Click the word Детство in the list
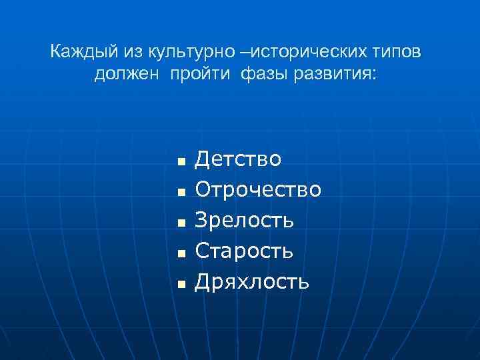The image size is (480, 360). pyautogui.click(x=238, y=160)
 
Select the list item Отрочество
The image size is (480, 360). pyautogui.click(x=258, y=190)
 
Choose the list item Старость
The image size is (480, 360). pyautogui.click(x=243, y=251)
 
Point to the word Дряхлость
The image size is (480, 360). pyautogui.click(x=251, y=282)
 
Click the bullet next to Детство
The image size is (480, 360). pyautogui.click(x=179, y=162)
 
